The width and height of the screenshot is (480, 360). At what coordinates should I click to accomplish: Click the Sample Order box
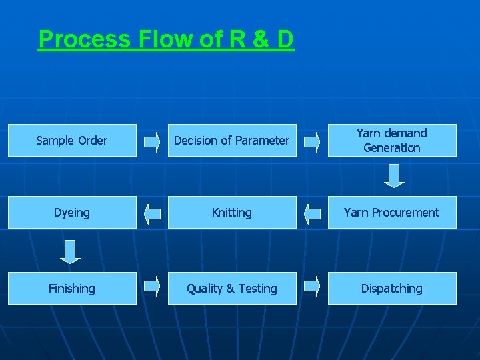(72, 141)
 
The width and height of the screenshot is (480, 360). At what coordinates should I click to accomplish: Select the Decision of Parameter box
(232, 141)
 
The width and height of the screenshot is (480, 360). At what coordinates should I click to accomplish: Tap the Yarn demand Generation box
(392, 141)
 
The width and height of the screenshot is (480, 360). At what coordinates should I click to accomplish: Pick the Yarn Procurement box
(392, 213)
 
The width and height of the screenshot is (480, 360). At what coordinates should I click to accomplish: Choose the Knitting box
(232, 213)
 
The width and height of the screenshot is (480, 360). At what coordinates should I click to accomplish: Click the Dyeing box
(72, 213)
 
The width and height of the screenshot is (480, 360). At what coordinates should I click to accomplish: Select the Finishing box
(72, 289)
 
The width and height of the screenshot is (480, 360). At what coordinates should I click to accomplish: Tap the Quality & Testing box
(232, 289)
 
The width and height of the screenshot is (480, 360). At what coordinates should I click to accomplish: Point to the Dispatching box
(392, 289)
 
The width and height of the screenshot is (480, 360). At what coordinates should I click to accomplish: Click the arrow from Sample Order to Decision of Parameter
(153, 141)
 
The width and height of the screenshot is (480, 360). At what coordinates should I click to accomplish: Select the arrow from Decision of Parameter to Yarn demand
(312, 141)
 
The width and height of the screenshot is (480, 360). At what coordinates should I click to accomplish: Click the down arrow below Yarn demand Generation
(395, 176)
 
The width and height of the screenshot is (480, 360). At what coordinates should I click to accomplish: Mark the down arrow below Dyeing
(70, 251)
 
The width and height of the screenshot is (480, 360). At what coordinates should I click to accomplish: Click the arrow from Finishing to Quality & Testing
(153, 285)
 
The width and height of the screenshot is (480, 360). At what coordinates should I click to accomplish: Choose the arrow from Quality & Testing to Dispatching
(312, 285)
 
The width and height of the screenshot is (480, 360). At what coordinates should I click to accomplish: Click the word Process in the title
(85, 39)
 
